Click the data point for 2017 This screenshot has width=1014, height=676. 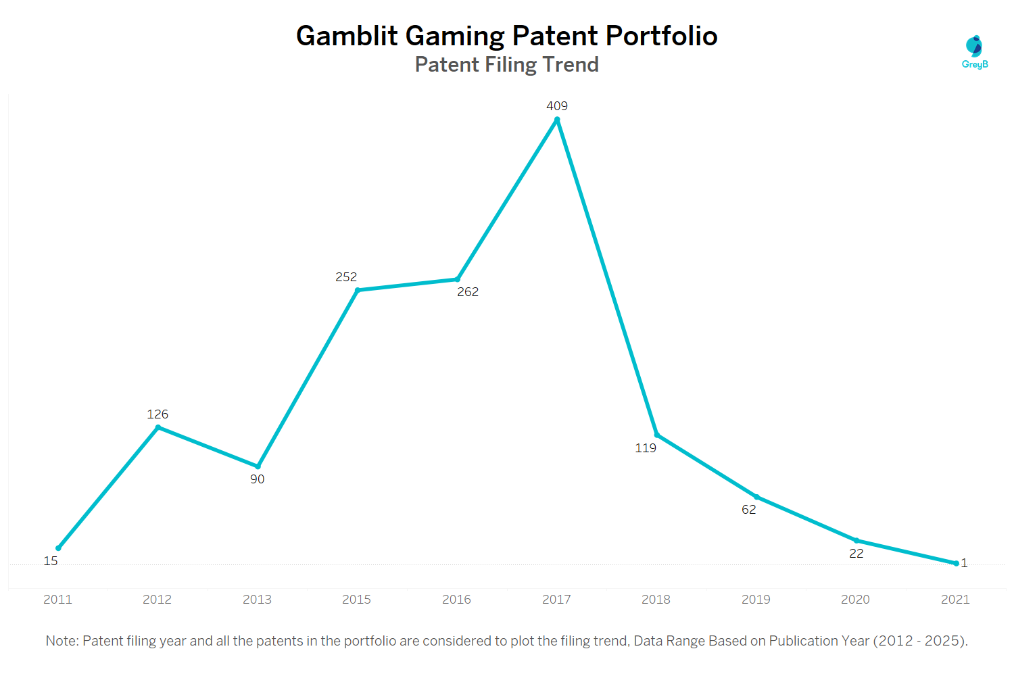pos(557,120)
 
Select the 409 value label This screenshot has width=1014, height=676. pos(557,105)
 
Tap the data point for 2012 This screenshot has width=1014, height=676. pos(158,427)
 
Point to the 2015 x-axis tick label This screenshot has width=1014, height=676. pos(356,599)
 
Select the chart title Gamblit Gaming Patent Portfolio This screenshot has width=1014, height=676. pos(507,36)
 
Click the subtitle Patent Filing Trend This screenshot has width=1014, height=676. pos(507,64)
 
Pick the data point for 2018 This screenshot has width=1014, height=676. pos(657,435)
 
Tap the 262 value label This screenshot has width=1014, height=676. pos(468,292)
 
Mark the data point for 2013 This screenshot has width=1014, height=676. pos(258,466)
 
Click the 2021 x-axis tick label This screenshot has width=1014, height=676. pos(955,599)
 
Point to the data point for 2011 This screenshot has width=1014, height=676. pos(58,548)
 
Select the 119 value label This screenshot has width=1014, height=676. pos(646,448)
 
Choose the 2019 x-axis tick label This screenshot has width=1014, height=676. pos(756,599)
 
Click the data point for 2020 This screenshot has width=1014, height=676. pos(856,540)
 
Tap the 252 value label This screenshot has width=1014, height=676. pos(346,277)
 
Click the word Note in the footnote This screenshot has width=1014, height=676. pos(61,641)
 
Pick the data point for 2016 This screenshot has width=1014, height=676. pos(458,279)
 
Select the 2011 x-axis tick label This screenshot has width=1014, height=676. pos(57,599)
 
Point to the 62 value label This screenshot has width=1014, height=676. pos(749,510)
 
